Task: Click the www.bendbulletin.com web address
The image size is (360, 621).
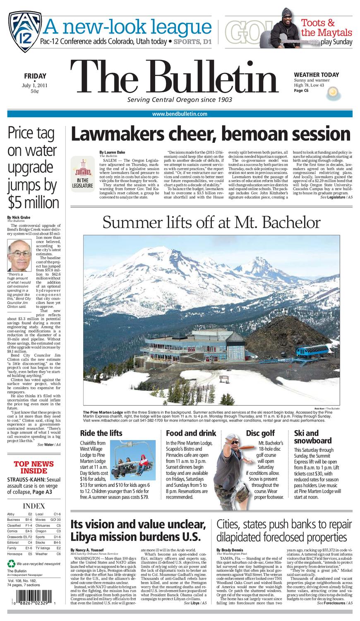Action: (180, 114)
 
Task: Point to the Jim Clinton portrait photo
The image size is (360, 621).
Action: (19, 256)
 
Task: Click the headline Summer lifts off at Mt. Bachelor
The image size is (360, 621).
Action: (211, 223)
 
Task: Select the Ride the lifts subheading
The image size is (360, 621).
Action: (101, 433)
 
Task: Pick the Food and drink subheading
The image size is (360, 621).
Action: (191, 433)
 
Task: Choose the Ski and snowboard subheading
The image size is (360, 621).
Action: (313, 437)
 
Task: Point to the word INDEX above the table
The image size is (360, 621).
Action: (34, 505)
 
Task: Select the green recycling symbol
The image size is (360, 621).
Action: (11, 563)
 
